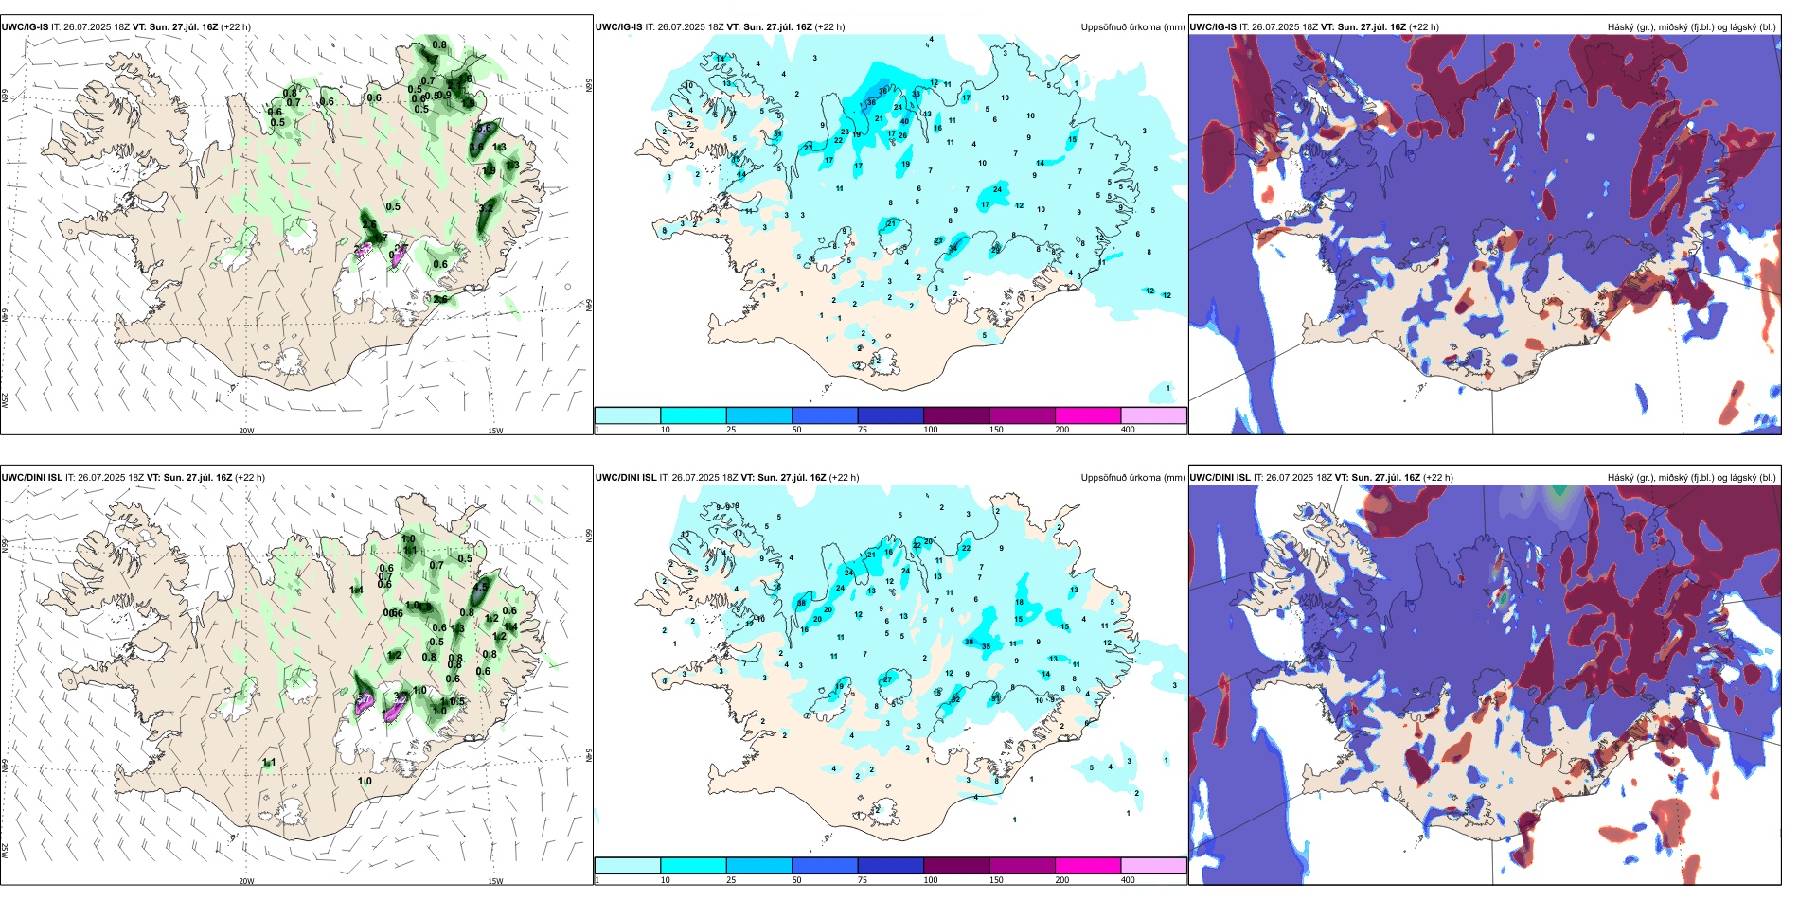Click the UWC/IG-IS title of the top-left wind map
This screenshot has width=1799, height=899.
[26, 27]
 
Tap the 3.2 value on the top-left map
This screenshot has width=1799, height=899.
[488, 207]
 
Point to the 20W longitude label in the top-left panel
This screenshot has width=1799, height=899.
[246, 431]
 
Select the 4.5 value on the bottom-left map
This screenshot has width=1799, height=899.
[480, 587]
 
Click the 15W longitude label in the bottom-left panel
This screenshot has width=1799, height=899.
[495, 881]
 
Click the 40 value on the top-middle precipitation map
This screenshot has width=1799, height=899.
[904, 121]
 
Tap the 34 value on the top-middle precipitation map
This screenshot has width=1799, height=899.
[953, 248]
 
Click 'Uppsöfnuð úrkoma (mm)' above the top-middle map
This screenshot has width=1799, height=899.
[1132, 27]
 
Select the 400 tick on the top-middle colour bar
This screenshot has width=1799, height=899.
[1128, 430]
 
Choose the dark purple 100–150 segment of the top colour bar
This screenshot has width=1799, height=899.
[956, 415]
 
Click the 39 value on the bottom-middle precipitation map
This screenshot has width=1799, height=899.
[969, 642]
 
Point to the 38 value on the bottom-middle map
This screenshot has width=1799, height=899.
[801, 603]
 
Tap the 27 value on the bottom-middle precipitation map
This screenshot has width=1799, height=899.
[887, 679]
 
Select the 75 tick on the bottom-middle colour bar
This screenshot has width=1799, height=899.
[863, 880]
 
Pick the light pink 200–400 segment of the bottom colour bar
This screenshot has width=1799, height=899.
[1153, 866]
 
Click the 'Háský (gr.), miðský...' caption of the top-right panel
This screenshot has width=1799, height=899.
[1691, 27]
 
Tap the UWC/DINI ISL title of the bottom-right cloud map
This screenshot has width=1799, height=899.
[1220, 478]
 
